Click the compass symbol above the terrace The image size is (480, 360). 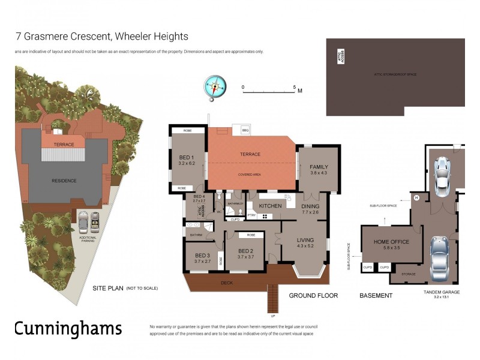pos(214,86)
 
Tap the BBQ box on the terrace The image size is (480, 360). pos(245,130)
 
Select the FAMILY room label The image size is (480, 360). pos(319,169)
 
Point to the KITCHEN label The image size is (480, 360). pos(270,206)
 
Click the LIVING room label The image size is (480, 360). pos(305,241)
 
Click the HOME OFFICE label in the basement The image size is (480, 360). pos(391,242)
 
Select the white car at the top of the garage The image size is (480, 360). pos(443,176)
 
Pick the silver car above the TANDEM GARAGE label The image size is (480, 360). pos(439,258)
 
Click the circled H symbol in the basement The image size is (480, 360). pos(416,198)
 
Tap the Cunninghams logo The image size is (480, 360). pos(68,328)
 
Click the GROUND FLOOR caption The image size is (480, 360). pos(313,295)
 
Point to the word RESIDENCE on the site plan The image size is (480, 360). pos(64,180)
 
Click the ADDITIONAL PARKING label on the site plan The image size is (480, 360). pos(88,239)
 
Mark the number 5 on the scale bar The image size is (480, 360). pos(294,87)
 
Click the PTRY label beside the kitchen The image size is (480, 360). pos(251,214)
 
